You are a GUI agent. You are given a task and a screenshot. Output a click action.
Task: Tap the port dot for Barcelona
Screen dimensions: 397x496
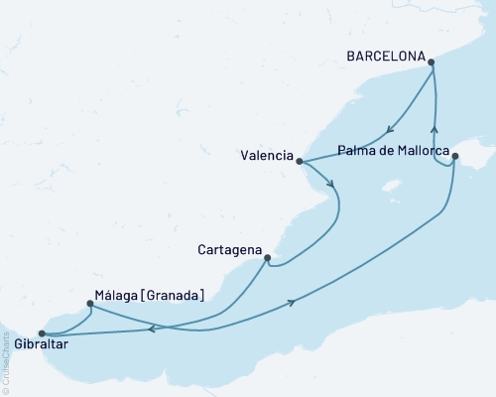432,62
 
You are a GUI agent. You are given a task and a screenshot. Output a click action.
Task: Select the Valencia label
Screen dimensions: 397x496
267,156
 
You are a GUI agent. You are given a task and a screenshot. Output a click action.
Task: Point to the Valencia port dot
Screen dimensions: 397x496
300,161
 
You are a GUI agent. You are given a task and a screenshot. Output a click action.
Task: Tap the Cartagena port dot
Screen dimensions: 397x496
267,257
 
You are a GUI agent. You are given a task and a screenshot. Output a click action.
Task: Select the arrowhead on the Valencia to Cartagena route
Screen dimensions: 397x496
330,184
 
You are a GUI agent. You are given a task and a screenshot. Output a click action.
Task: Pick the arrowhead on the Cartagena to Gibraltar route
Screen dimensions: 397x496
151,331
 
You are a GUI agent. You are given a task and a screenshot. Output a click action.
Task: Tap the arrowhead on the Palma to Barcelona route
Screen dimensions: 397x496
434,128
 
